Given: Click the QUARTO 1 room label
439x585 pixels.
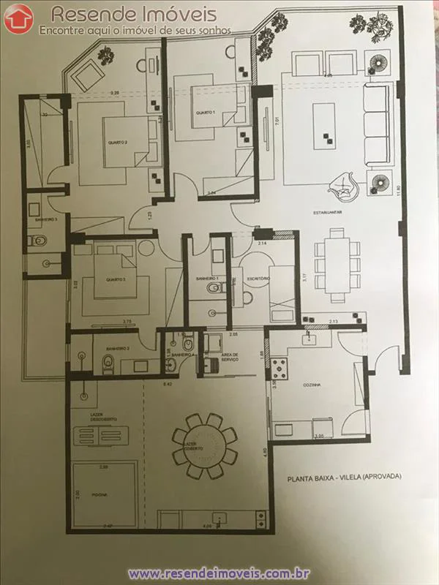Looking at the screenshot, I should click(x=204, y=113).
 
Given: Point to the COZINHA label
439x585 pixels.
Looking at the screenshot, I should click(x=313, y=384).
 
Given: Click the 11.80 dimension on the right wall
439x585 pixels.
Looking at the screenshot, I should click(x=398, y=188).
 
